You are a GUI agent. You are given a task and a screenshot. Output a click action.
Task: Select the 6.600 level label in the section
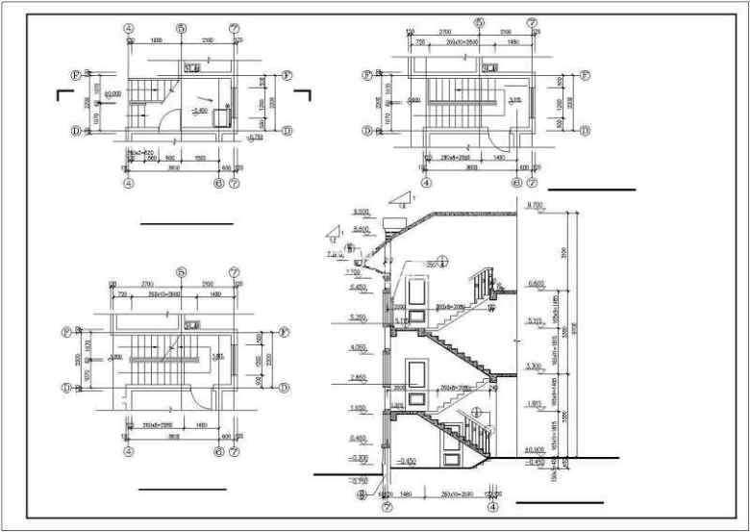(x=537, y=283)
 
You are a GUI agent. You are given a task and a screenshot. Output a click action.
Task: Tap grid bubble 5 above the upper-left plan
(x=180, y=28)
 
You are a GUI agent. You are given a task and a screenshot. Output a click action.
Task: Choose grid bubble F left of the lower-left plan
(x=66, y=331)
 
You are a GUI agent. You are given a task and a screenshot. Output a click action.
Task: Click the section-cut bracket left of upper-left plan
(x=62, y=93)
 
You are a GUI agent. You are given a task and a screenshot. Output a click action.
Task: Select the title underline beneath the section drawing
(x=559, y=502)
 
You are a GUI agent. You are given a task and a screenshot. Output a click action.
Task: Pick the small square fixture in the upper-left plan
(x=222, y=114)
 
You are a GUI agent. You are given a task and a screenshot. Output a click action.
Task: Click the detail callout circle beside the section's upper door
(x=443, y=259)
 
